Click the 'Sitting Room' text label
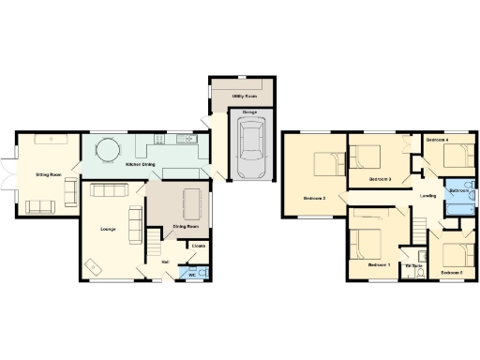49,174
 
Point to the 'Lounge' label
108,228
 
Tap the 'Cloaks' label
198,247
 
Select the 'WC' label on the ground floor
191,275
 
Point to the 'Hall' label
166,262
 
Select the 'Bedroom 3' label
380,178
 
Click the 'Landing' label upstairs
427,196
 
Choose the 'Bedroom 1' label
378,265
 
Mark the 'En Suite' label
413,267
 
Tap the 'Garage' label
250,112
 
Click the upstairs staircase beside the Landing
419,225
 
